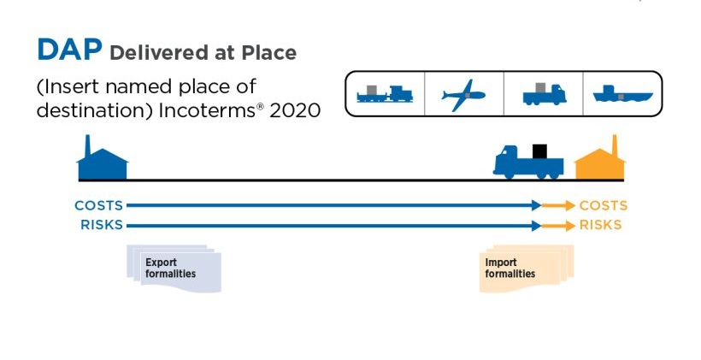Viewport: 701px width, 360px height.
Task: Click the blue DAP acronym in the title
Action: tap(70, 50)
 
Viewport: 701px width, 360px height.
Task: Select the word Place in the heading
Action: tap(269, 53)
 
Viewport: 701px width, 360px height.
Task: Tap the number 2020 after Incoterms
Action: tap(295, 110)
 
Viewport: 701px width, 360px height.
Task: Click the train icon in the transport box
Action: tap(385, 94)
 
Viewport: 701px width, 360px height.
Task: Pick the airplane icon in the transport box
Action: tap(463, 95)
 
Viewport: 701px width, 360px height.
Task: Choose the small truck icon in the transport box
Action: tap(544, 94)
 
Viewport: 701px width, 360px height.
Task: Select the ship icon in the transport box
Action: tap(622, 93)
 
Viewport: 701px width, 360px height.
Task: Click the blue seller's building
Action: tap(103, 158)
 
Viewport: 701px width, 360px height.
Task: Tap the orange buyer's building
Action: tap(600, 158)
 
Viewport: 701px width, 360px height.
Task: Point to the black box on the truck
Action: tap(539, 151)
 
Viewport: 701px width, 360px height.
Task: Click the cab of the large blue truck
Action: tap(508, 160)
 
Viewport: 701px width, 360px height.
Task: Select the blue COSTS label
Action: tap(98, 205)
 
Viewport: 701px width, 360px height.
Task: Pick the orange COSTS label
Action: tap(604, 205)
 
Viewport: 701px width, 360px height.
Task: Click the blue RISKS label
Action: tap(102, 225)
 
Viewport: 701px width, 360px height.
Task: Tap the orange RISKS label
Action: tap(600, 225)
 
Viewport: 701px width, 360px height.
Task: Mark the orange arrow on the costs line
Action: tap(558, 206)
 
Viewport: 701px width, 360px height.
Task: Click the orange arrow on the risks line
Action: tap(558, 226)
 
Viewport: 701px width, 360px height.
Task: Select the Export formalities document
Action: tap(174, 269)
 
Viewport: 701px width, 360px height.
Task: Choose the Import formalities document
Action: tap(527, 269)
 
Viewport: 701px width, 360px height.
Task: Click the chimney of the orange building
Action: tap(616, 145)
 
